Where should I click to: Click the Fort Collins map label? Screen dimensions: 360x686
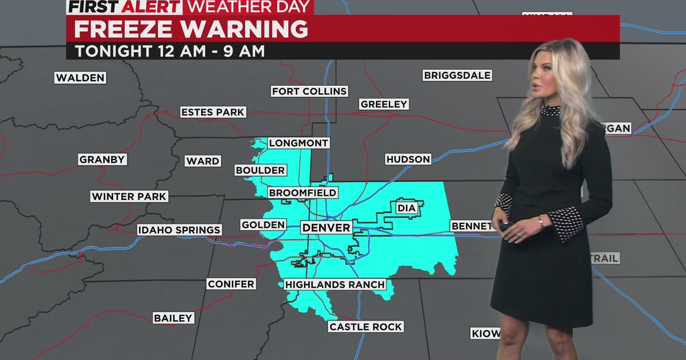(x=309, y=91)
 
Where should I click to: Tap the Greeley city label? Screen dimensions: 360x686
(x=384, y=104)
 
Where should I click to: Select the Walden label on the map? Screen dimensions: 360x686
(x=81, y=78)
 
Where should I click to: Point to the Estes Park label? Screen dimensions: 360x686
(x=213, y=112)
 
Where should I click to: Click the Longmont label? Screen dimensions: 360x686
(x=298, y=143)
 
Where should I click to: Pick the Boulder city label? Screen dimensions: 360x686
(x=260, y=170)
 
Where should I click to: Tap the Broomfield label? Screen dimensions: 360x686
(x=302, y=193)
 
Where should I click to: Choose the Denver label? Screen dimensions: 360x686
(x=326, y=228)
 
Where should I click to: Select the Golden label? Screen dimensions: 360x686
(x=263, y=225)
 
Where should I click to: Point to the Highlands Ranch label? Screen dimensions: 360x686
(x=334, y=284)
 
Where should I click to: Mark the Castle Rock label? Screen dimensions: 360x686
(x=366, y=327)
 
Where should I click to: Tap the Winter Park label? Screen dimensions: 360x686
(x=129, y=197)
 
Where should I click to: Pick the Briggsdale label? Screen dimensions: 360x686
(x=457, y=75)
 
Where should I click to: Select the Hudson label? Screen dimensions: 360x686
(x=408, y=159)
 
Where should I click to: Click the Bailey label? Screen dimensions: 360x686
(x=173, y=318)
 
